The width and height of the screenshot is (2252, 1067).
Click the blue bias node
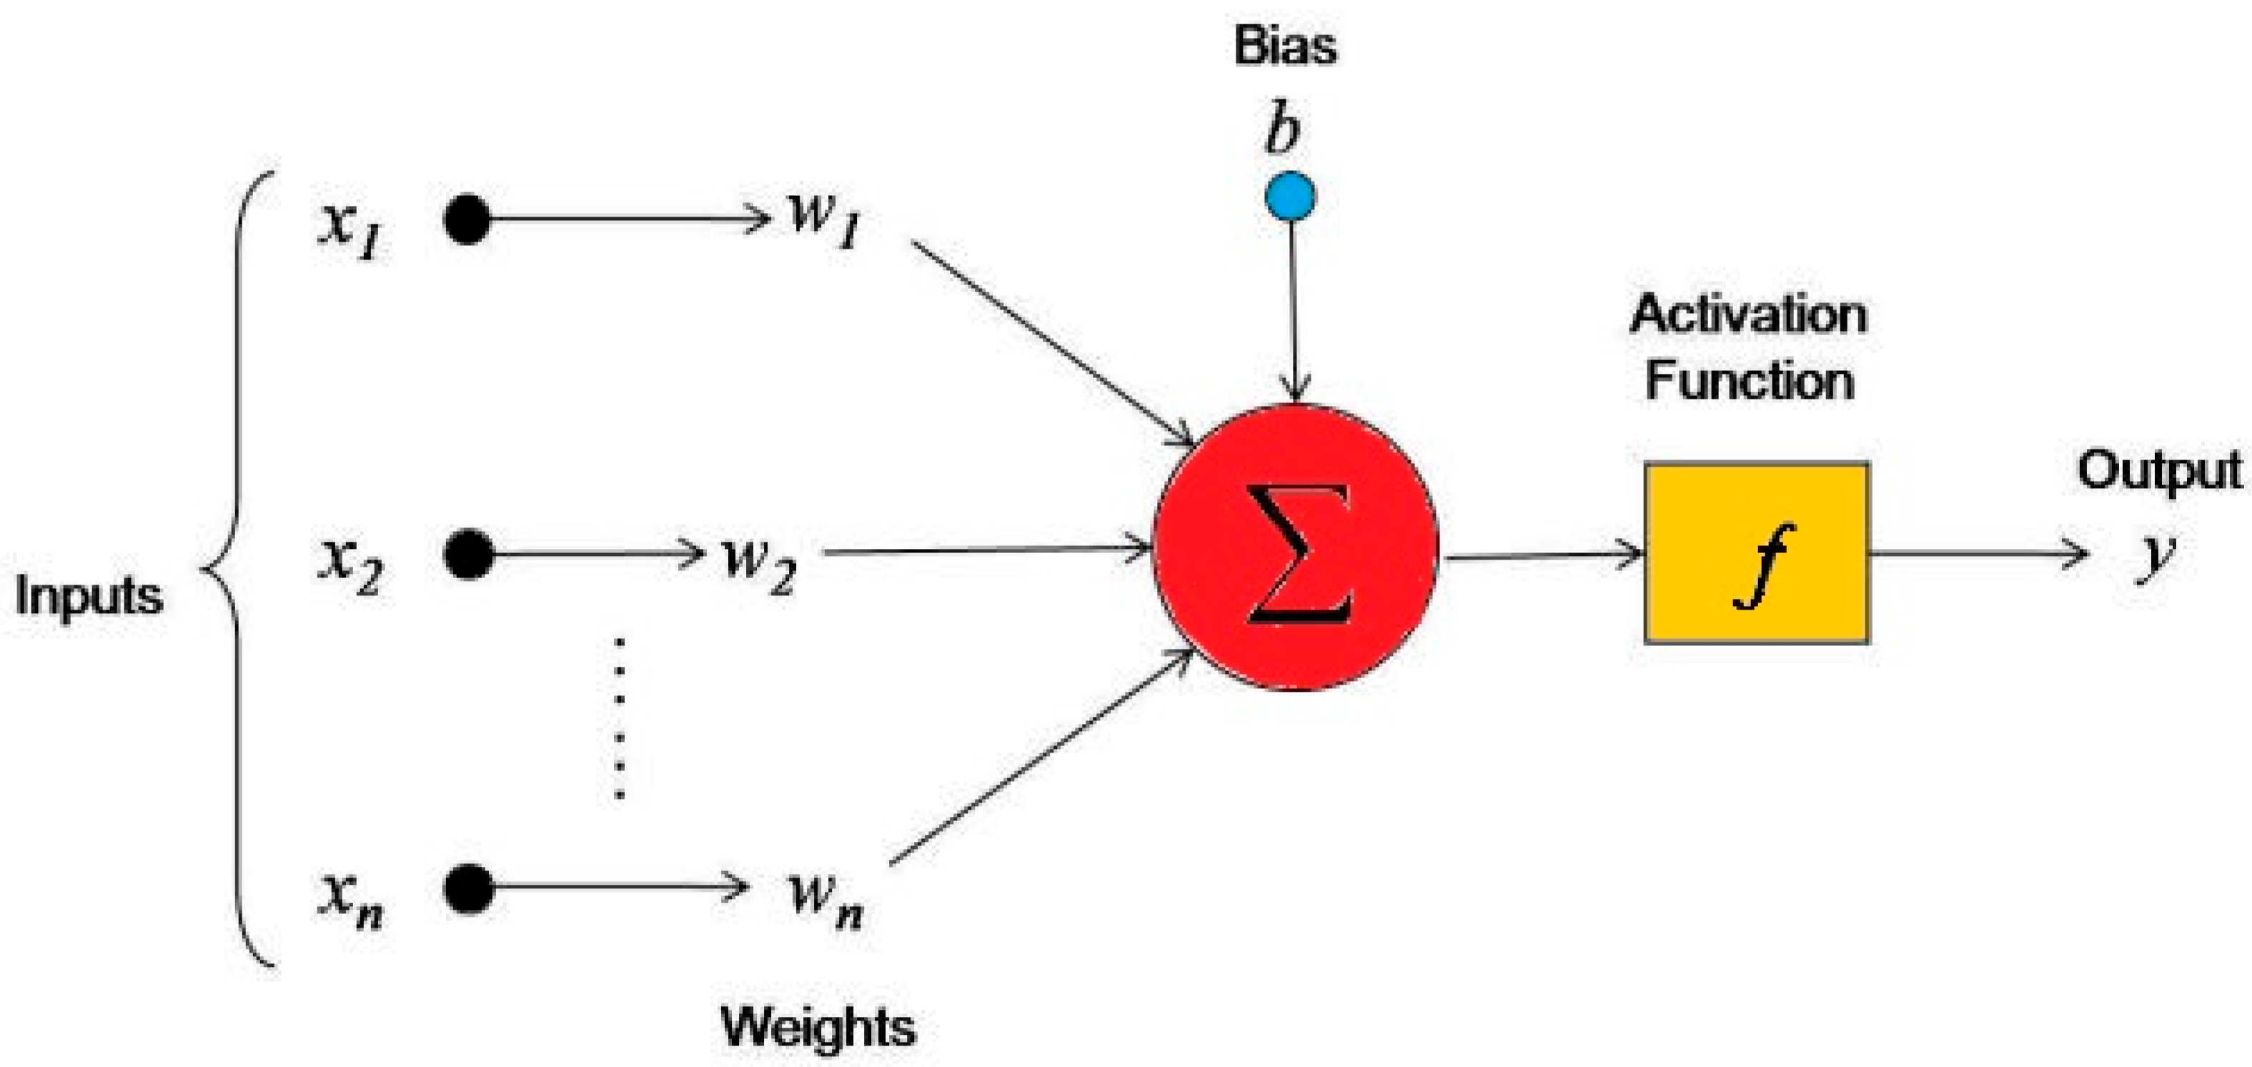(1290, 196)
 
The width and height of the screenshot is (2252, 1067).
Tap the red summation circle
(1296, 549)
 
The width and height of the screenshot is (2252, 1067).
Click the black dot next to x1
(467, 219)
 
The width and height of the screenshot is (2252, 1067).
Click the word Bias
(1285, 46)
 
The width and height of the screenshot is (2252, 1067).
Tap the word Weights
(818, 1026)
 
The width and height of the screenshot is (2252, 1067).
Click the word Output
(2159, 472)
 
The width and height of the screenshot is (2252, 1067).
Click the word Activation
(1748, 314)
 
